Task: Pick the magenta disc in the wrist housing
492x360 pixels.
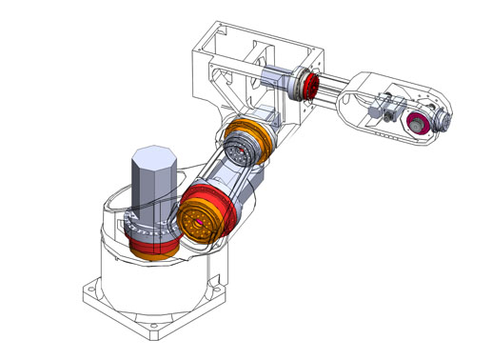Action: pyautogui.click(x=417, y=123)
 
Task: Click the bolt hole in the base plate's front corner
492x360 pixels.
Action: pyautogui.click(x=153, y=332)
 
